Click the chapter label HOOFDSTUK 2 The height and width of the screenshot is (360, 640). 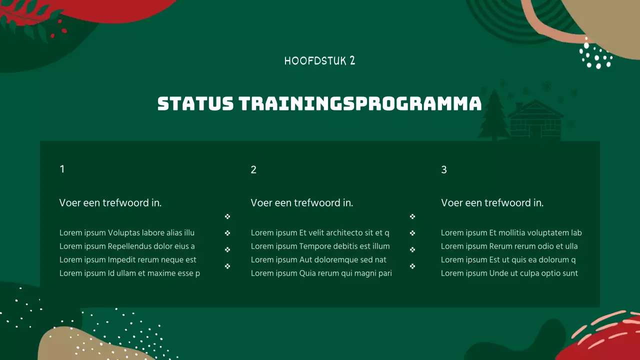pyautogui.click(x=319, y=61)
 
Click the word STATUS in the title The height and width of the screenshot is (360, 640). pyautogui.click(x=195, y=104)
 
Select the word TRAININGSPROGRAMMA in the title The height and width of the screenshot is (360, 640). pyautogui.click(x=360, y=104)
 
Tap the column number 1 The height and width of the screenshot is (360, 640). pyautogui.click(x=62, y=169)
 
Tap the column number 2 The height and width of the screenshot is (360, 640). pyautogui.click(x=253, y=169)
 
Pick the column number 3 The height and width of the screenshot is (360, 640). pyautogui.click(x=444, y=169)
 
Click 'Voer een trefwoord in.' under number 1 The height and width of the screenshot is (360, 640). pyautogui.click(x=110, y=202)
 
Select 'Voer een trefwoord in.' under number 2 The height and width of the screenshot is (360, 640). pyautogui.click(x=301, y=202)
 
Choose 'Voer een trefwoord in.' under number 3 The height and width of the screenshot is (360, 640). pyautogui.click(x=492, y=202)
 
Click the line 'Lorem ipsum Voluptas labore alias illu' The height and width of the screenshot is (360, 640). pyautogui.click(x=127, y=232)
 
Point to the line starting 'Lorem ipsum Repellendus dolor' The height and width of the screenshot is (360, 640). pyautogui.click(x=127, y=246)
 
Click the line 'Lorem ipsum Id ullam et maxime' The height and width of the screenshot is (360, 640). pyautogui.click(x=129, y=273)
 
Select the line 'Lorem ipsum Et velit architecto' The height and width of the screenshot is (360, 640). pyautogui.click(x=320, y=232)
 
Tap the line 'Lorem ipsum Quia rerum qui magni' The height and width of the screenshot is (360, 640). pyautogui.click(x=321, y=273)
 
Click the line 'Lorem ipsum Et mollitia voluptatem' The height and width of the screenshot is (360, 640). pyautogui.click(x=511, y=232)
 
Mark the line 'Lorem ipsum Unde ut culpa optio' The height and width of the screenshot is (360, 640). pyautogui.click(x=509, y=273)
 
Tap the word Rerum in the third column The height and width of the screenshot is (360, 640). pyautogui.click(x=501, y=246)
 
